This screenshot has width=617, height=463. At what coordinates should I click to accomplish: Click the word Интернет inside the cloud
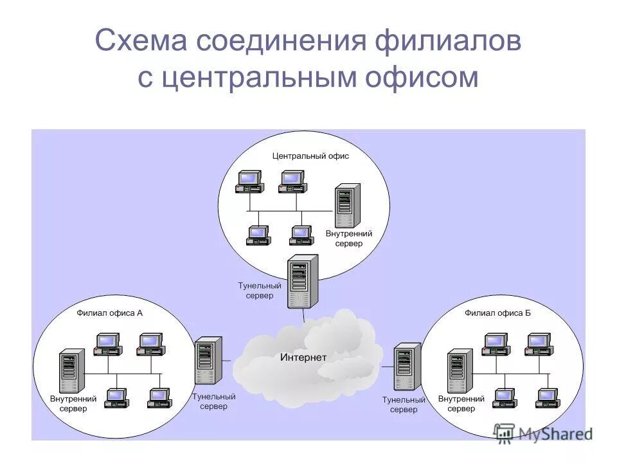pyautogui.click(x=303, y=358)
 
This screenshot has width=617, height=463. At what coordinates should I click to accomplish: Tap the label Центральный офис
pyautogui.click(x=310, y=156)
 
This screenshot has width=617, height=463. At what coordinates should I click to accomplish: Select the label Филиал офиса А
pyautogui.click(x=110, y=314)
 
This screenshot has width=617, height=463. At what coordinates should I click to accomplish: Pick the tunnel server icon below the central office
pyautogui.click(x=303, y=281)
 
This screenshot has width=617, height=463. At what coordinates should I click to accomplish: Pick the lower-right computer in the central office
pyautogui.click(x=301, y=236)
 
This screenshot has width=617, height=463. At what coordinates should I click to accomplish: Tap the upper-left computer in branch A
pyautogui.click(x=107, y=345)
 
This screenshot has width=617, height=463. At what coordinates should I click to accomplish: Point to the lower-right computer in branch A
pyautogui.click(x=159, y=399)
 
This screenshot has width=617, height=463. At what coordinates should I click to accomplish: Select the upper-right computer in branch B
pyautogui.click(x=538, y=344)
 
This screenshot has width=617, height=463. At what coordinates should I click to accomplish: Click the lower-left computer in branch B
pyautogui.click(x=505, y=399)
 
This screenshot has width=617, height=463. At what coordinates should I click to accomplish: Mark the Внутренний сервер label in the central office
pyautogui.click(x=349, y=239)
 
